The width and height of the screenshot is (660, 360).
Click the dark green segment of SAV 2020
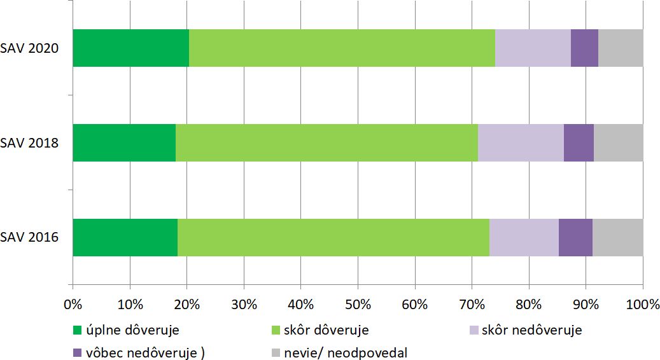(x=130, y=48)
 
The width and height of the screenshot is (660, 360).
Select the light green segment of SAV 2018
(x=326, y=143)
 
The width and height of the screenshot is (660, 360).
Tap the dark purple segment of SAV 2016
(x=575, y=238)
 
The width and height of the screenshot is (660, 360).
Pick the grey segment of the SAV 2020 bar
(x=621, y=48)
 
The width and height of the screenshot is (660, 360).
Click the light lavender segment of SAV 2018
(x=521, y=143)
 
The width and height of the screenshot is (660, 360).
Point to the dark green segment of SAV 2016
(x=125, y=238)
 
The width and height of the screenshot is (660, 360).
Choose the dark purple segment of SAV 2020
(x=584, y=48)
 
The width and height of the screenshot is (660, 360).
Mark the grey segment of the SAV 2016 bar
(x=617, y=238)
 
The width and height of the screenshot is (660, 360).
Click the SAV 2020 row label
(x=30, y=48)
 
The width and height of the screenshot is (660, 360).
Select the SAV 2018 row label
(x=30, y=143)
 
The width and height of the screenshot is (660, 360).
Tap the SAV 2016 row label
(x=30, y=238)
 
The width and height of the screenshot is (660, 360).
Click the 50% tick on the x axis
(x=358, y=304)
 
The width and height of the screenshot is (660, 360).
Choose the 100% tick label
(x=642, y=304)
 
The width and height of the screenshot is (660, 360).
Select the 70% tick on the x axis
(x=472, y=304)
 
